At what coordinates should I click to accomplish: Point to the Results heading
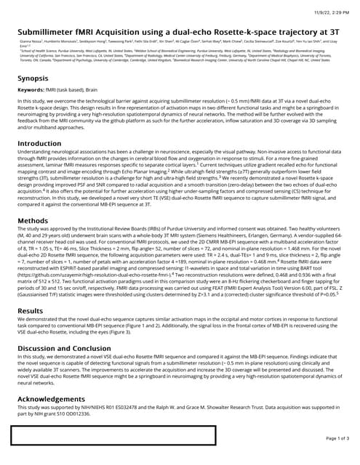(29, 310)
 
